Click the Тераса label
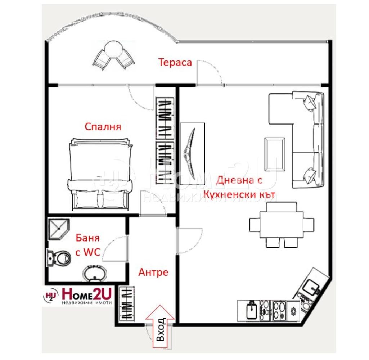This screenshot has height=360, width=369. (x=175, y=62)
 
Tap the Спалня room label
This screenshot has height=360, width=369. (x=103, y=127)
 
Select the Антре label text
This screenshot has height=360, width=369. (x=153, y=272)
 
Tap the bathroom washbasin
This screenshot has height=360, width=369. (x=94, y=274)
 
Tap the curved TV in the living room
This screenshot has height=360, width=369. (x=192, y=154)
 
